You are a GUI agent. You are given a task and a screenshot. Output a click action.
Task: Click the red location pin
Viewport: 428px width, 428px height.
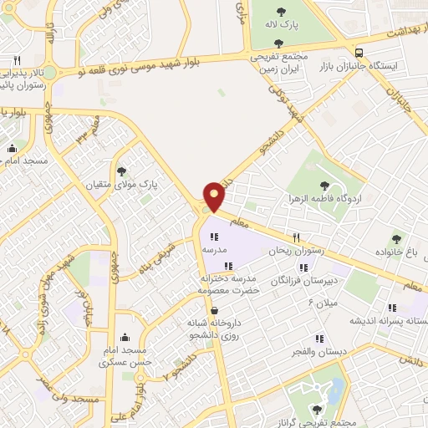click(215, 196)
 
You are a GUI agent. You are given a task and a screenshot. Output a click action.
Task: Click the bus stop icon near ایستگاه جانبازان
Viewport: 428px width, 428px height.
click(359, 50)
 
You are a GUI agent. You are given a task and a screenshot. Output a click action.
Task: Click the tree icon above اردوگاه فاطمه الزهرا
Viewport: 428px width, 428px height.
click(325, 186)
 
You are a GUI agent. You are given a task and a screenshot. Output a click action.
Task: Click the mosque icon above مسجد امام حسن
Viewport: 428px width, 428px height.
click(125, 338)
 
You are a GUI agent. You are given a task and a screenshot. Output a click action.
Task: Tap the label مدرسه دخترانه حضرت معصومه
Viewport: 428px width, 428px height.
click(229, 283)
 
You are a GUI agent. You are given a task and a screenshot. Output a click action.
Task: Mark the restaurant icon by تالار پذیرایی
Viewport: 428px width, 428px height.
click(17, 60)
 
